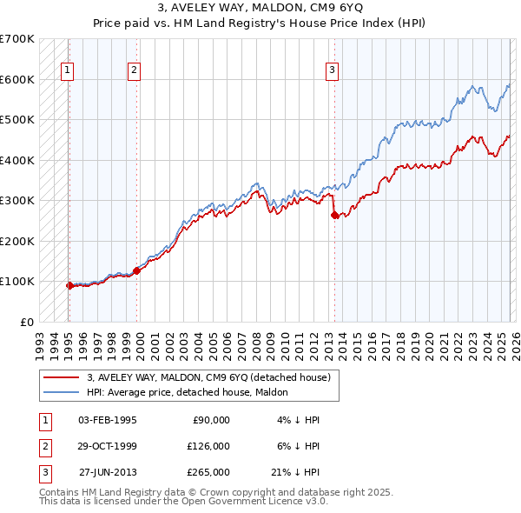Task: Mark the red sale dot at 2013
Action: click(334, 216)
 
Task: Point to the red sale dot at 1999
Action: click(137, 271)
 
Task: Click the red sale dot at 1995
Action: click(69, 285)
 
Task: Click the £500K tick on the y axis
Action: click(19, 119)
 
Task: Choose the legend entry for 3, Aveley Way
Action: click(208, 378)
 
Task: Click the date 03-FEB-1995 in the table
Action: click(108, 420)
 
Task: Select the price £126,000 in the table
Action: click(208, 446)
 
